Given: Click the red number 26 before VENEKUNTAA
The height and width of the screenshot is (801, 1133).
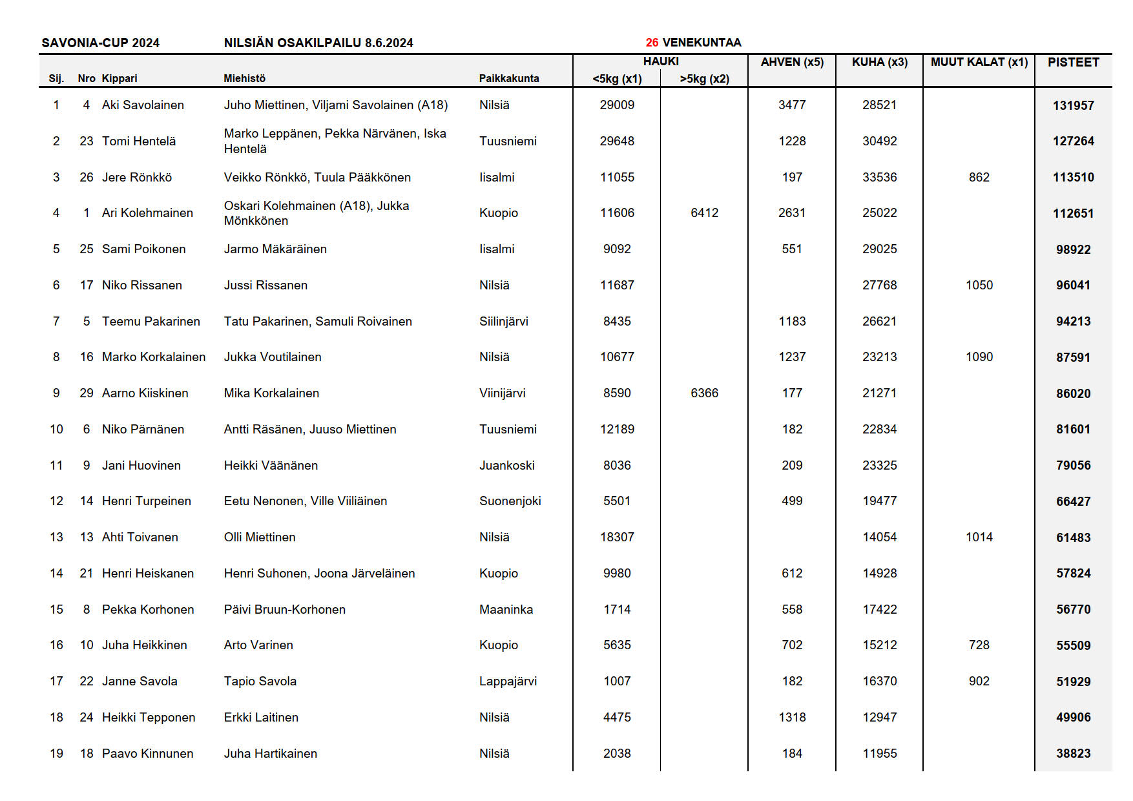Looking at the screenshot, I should pyautogui.click(x=652, y=43).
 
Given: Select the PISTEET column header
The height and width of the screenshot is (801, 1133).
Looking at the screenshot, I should pyautogui.click(x=1073, y=62).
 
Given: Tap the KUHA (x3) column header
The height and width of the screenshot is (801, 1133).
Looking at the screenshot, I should pyautogui.click(x=879, y=62).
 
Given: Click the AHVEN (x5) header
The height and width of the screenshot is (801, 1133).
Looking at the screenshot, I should pyautogui.click(x=792, y=62).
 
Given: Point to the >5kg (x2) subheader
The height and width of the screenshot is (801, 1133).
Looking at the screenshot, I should pyautogui.click(x=704, y=79).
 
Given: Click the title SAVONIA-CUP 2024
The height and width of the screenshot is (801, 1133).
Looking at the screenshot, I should pyautogui.click(x=100, y=43).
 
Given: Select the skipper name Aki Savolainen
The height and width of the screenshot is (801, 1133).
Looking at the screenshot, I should pyautogui.click(x=143, y=105).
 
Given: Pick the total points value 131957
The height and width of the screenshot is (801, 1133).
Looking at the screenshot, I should pyautogui.click(x=1073, y=105).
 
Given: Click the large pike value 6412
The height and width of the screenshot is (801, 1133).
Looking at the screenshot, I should pyautogui.click(x=704, y=213).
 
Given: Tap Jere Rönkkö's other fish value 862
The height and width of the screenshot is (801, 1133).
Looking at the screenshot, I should pyautogui.click(x=979, y=177).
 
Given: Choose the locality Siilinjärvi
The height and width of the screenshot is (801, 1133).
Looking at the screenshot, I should pyautogui.click(x=503, y=321).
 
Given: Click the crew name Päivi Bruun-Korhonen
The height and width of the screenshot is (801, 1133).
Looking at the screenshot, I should pyautogui.click(x=284, y=609).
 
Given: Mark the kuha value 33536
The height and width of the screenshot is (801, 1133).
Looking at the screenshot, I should pyautogui.click(x=879, y=177).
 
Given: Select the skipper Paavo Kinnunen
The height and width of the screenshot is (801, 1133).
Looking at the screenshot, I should pyautogui.click(x=147, y=753).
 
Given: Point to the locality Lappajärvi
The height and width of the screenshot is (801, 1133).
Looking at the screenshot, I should pyautogui.click(x=508, y=681).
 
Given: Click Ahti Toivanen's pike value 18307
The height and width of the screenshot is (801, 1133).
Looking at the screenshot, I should pyautogui.click(x=617, y=537).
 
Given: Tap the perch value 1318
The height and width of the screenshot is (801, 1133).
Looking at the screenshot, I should pyautogui.click(x=792, y=717).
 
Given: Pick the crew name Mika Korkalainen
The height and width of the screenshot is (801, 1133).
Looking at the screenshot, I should pyautogui.click(x=271, y=393).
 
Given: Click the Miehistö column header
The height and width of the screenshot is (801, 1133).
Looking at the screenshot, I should pyautogui.click(x=244, y=79).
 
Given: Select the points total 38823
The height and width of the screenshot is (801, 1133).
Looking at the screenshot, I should pyautogui.click(x=1073, y=753).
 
